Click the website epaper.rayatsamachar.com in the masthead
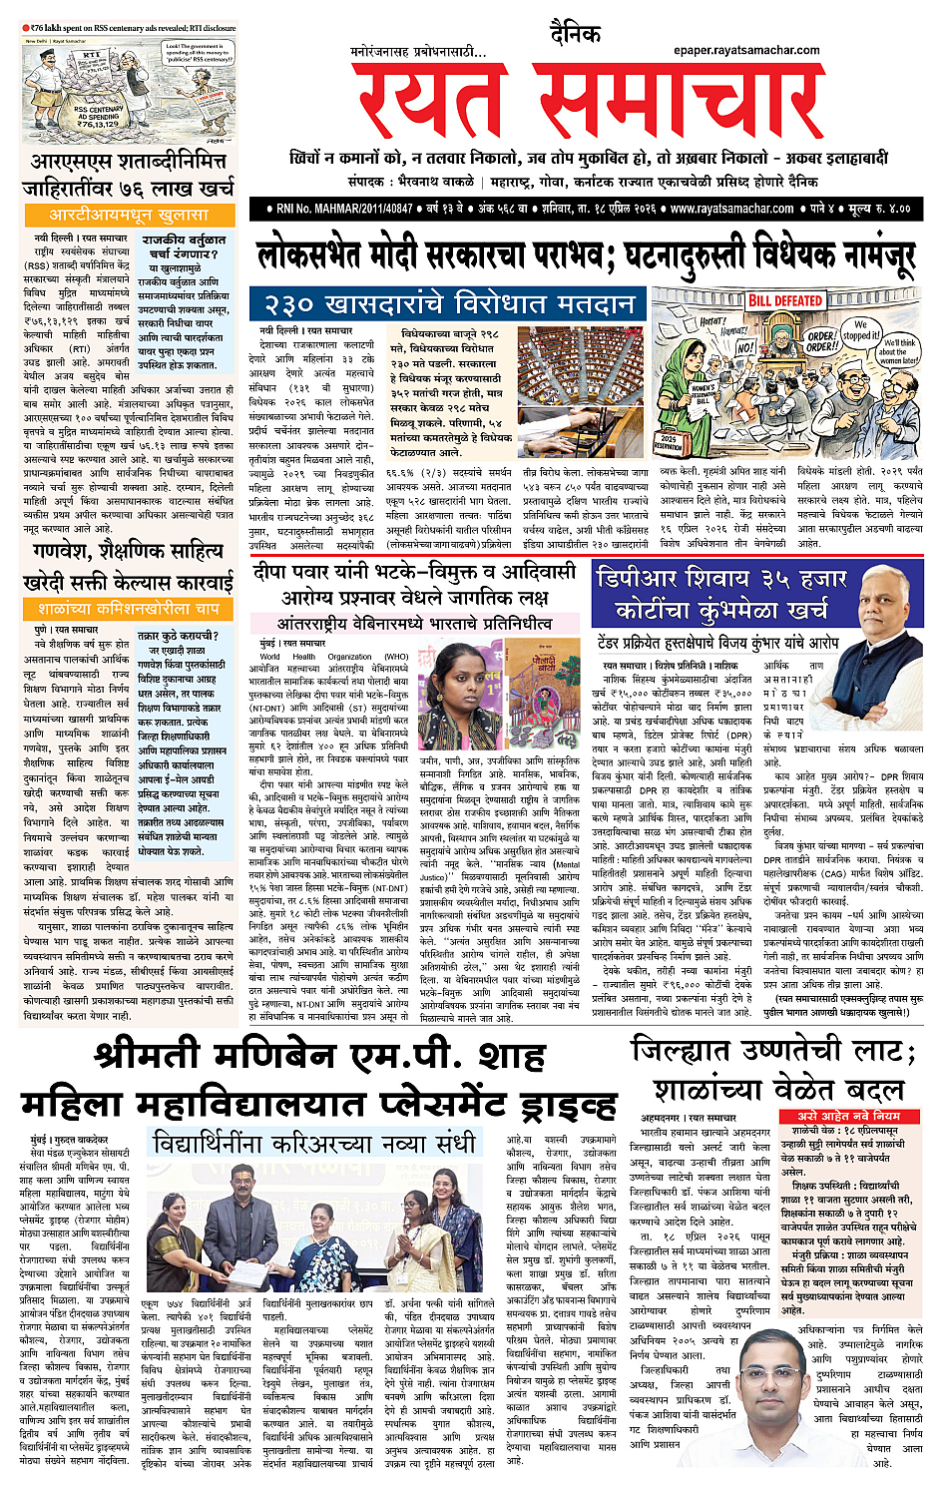coord(745,49)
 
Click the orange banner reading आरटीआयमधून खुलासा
coord(129,215)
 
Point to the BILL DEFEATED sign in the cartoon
coord(785,300)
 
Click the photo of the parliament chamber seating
coord(580,379)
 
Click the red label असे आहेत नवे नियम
coord(847,1115)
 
